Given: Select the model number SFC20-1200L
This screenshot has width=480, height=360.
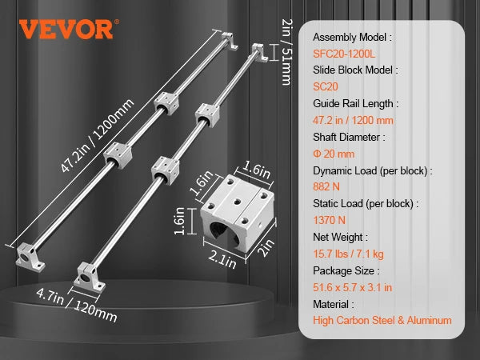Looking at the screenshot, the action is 344,54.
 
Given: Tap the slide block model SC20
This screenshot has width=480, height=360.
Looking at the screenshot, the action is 326,87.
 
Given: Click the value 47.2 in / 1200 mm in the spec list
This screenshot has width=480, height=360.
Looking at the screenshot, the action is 353,120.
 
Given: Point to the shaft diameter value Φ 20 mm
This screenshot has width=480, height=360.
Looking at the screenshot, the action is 334,154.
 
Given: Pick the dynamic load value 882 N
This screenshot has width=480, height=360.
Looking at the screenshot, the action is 326,186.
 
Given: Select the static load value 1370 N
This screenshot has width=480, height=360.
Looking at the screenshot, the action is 329,220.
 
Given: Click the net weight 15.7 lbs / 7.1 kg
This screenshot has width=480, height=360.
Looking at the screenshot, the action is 348,254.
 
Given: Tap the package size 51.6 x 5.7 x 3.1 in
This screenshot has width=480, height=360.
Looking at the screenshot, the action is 352,287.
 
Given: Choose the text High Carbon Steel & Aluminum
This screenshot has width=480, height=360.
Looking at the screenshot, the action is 382,321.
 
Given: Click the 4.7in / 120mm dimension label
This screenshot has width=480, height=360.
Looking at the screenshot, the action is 77,306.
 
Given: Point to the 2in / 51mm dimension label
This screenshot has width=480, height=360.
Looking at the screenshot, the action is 286,52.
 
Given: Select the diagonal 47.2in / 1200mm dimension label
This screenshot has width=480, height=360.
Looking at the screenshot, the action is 97,136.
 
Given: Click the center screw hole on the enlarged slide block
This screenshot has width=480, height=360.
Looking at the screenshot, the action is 237,202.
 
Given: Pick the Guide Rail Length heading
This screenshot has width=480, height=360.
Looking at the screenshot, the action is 356,104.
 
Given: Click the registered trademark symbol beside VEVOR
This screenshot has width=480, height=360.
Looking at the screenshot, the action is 117,22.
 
